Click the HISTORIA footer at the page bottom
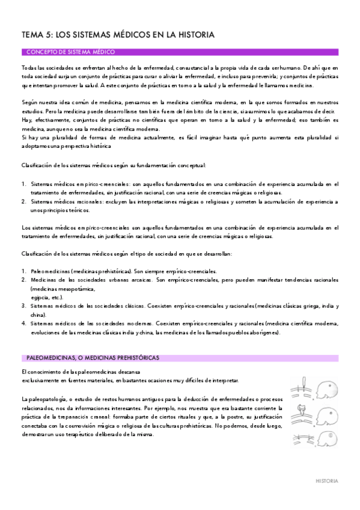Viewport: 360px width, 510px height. coord(327,481)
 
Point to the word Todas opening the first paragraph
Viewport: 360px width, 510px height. coord(29,69)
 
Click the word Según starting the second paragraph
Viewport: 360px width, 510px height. coord(29,103)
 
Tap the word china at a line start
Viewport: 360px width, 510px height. coord(38,315)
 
